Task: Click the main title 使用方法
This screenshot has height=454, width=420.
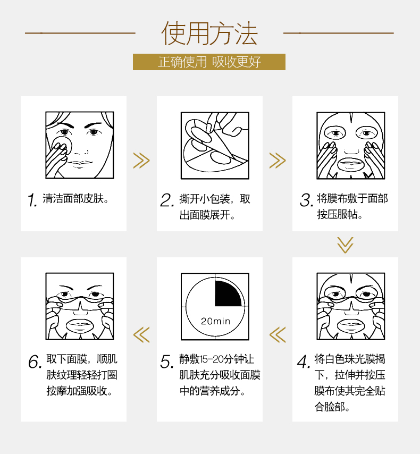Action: point(209,33)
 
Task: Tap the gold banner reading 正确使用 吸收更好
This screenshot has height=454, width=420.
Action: point(209,62)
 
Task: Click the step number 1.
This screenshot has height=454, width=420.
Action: point(32,200)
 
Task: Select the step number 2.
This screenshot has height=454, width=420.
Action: point(167,200)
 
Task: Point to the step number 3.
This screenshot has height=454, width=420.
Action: point(306,200)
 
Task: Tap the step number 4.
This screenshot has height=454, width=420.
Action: point(304,361)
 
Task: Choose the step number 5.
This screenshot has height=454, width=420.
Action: point(167,361)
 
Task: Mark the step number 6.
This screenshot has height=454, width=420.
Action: point(35,361)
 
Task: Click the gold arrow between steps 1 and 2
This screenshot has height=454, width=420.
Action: point(141,161)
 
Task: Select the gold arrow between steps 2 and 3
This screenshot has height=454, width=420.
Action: point(278,161)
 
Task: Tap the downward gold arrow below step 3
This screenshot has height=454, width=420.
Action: point(345,245)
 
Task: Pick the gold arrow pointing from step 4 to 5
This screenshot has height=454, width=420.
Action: point(278,335)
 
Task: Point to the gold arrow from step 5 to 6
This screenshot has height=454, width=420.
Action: point(141,335)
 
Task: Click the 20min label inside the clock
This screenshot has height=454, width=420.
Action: point(215,321)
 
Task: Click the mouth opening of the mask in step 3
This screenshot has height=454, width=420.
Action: point(351,164)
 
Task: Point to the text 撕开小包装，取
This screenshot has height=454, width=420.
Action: point(215,199)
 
